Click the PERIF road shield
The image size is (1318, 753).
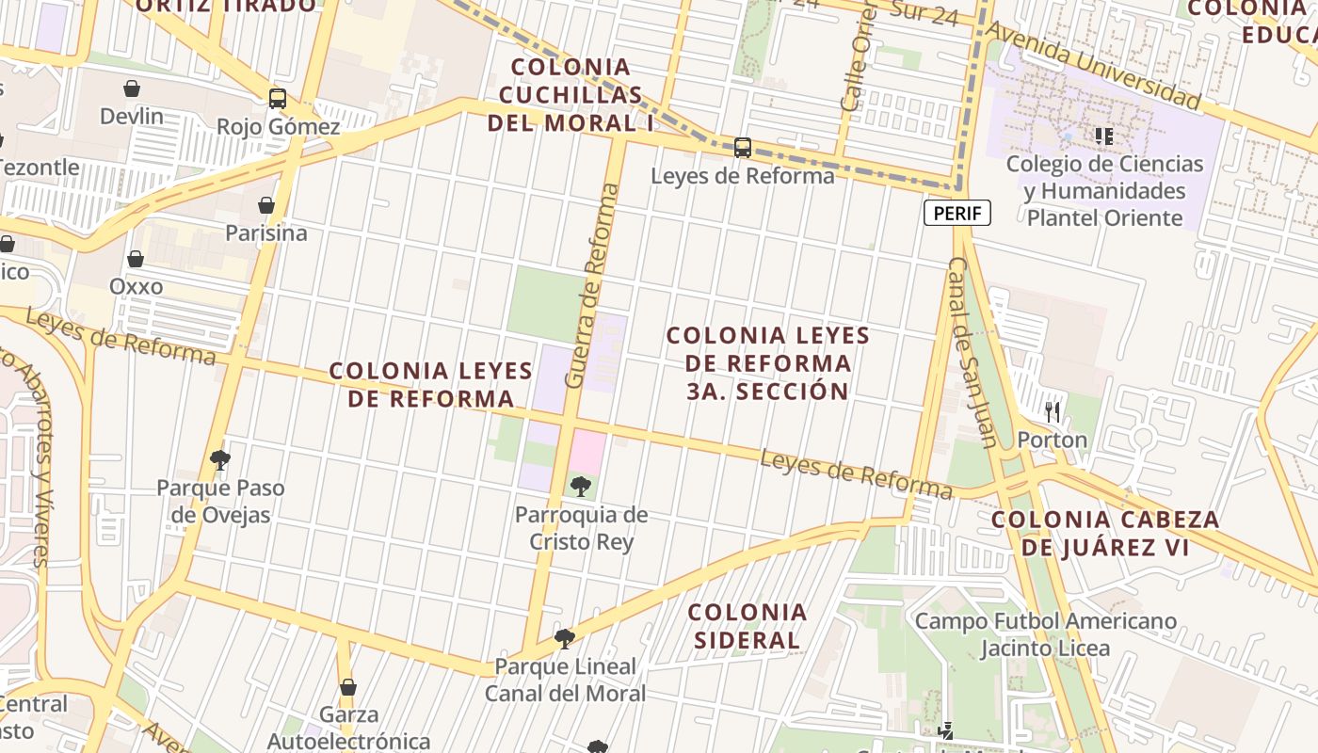coord(957,214)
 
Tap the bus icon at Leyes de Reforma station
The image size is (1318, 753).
coord(743,148)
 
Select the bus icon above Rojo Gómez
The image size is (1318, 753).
coord(277,99)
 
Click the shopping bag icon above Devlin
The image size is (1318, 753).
coord(132,88)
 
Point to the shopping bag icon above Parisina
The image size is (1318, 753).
coord(265,205)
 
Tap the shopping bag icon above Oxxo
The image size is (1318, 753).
coord(136,259)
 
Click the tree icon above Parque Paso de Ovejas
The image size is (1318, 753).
coord(220,460)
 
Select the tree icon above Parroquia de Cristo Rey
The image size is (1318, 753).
coord(581,487)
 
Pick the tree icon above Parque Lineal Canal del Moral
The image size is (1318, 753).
coord(565,639)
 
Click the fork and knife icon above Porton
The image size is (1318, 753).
coord(1053,411)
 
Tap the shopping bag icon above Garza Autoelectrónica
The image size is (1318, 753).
coord(348,687)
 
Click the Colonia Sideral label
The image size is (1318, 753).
coord(747,627)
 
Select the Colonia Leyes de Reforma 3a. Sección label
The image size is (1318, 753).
coord(767,363)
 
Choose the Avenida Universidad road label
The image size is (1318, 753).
coord(1093,65)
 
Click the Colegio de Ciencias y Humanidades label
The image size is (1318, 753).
coord(1104,191)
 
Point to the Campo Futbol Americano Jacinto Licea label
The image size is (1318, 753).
coord(1045,634)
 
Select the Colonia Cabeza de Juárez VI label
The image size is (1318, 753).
coord(1105,533)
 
